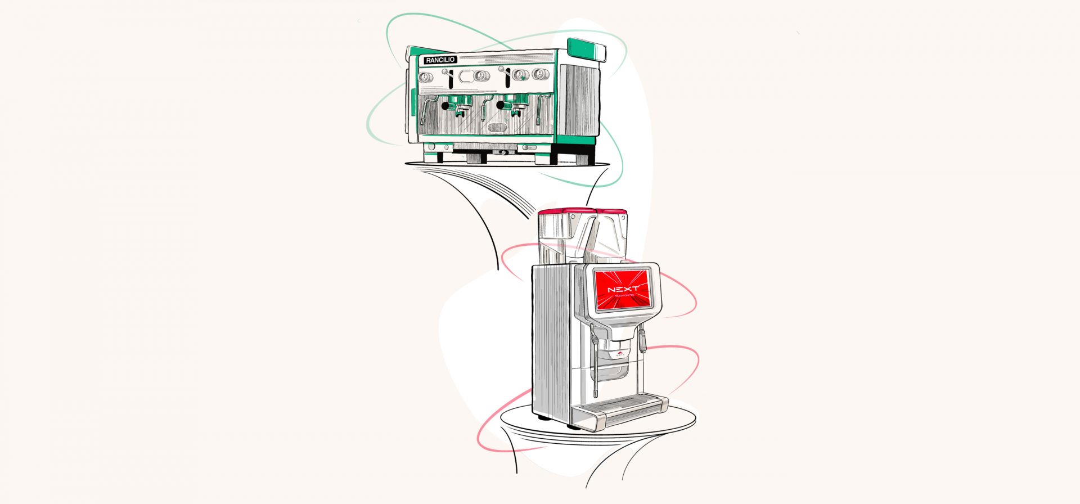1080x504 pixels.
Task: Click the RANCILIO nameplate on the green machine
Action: tap(440, 60)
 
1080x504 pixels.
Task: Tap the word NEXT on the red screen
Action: tap(623, 289)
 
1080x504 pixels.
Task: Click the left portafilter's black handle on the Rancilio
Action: tap(446, 105)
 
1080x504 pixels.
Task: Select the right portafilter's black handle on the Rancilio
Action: tap(500, 105)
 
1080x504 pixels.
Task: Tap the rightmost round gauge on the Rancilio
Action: tap(538, 74)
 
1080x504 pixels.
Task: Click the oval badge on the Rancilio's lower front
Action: tap(497, 128)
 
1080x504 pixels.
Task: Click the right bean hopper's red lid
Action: tap(612, 213)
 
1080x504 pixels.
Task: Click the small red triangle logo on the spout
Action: tap(619, 354)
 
